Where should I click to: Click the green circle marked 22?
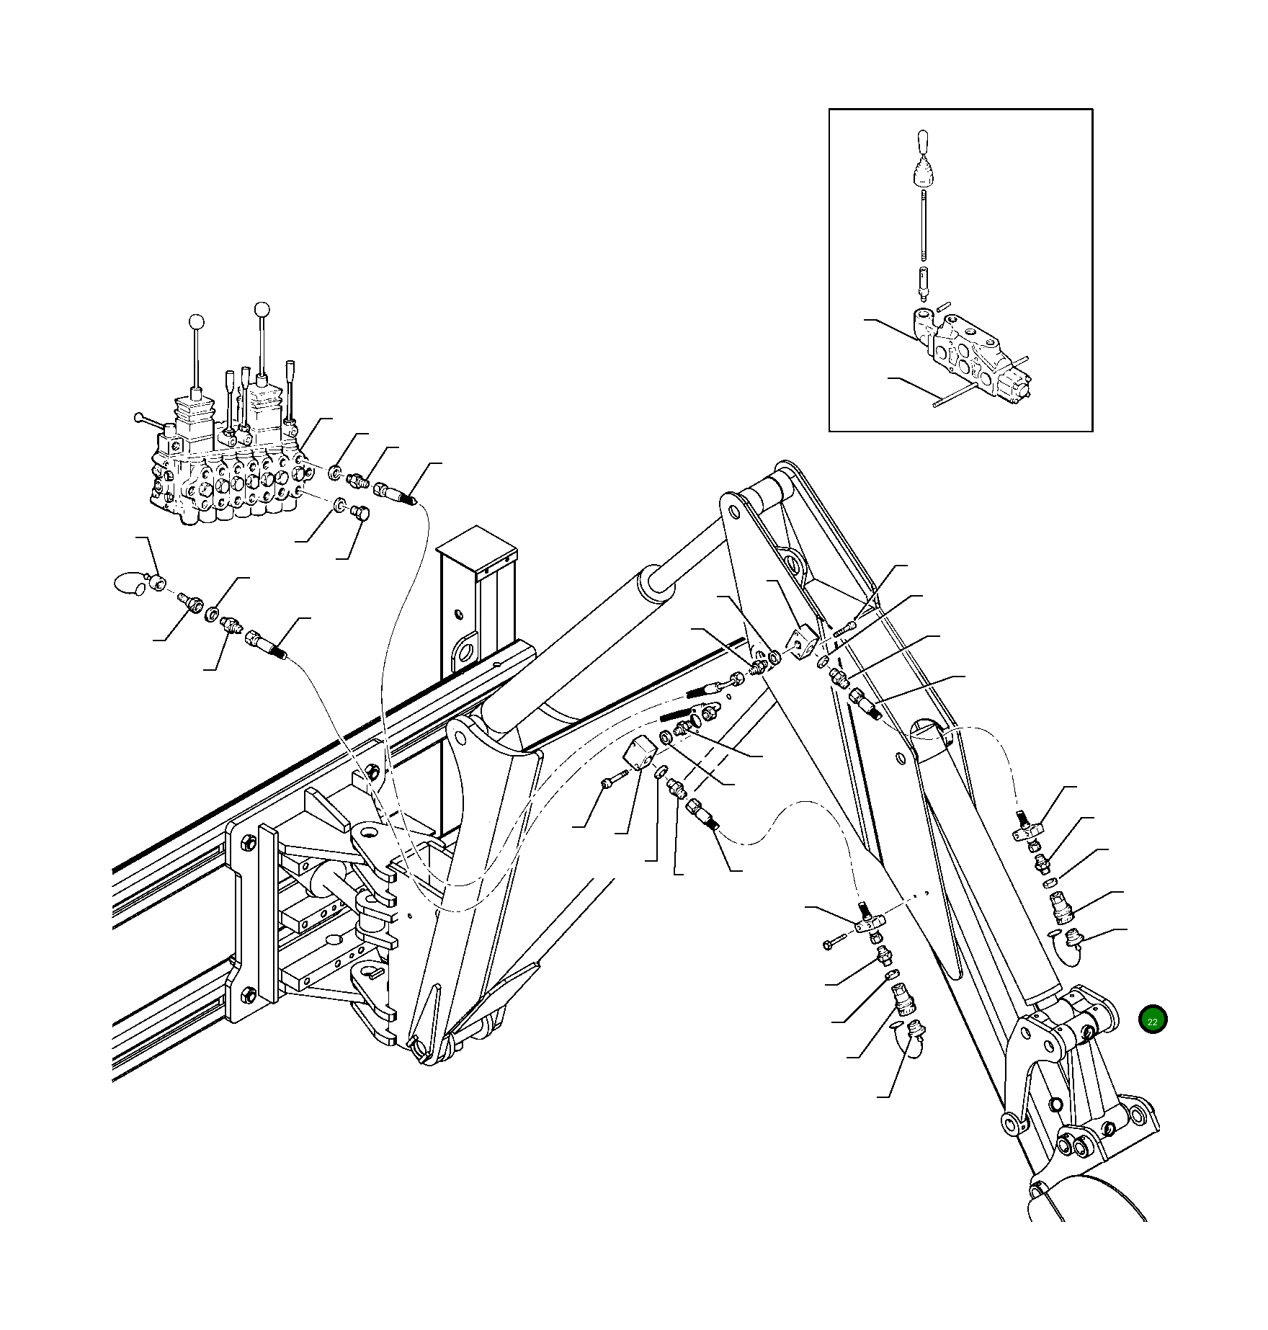1152,1020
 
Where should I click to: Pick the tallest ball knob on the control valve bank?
262,310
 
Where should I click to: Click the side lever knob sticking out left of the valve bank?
139,417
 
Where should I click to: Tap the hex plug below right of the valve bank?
360,513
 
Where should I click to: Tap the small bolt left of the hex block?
610,782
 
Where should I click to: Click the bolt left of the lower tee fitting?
834,942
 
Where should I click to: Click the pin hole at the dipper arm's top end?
734,512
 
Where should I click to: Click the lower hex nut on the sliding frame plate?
249,995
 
